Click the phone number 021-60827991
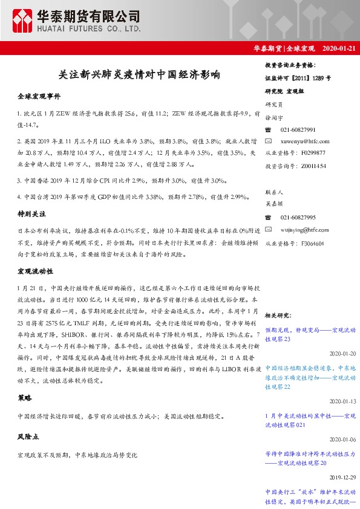[297, 130]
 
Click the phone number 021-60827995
[297, 218]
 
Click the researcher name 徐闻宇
[275, 118]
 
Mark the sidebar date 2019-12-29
[342, 476]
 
